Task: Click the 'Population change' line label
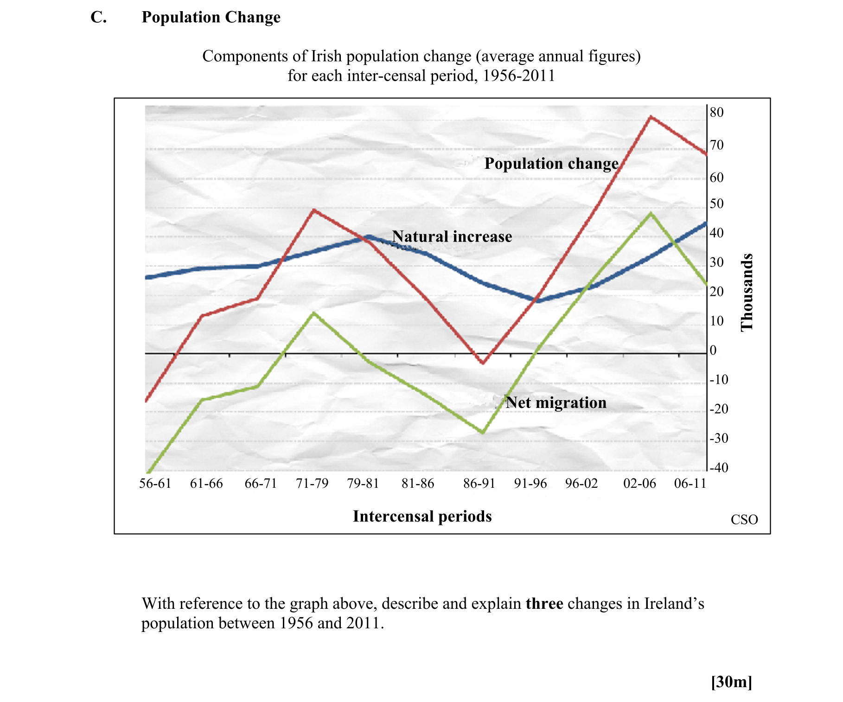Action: pos(551,164)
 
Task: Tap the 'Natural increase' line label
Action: pos(452,236)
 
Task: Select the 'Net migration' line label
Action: pos(556,402)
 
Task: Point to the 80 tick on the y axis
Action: pos(716,112)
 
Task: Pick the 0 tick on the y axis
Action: pos(713,351)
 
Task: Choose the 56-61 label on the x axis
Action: pos(155,484)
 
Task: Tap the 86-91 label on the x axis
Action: pos(479,484)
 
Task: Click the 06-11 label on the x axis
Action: pos(690,484)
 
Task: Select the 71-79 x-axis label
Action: pos(312,484)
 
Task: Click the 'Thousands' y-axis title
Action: pos(747,293)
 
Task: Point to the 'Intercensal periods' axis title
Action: pos(422,517)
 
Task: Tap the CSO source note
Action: pos(744,520)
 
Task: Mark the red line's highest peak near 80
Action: pos(651,117)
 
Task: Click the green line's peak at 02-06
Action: pos(651,213)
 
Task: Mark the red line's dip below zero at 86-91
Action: pos(483,363)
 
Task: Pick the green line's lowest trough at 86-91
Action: pos(483,433)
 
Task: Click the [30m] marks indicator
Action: pos(731,682)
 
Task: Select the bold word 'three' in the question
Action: pos(544,604)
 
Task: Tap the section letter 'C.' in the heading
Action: pos(98,17)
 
